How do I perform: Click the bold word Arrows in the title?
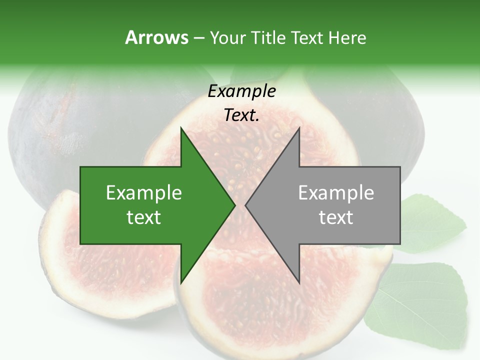tap(156, 37)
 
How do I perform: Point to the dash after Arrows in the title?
tap(198, 38)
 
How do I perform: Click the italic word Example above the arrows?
tap(241, 91)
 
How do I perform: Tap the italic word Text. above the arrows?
tap(241, 115)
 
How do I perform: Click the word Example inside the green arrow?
tap(144, 193)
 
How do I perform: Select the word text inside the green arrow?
tap(144, 217)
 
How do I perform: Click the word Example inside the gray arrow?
tap(336, 193)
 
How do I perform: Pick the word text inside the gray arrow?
tap(336, 217)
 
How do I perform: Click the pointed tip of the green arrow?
tap(235, 205)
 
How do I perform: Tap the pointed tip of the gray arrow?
tap(245, 205)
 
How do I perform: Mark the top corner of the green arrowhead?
tap(181, 128)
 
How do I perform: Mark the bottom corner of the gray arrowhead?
tap(299, 283)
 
